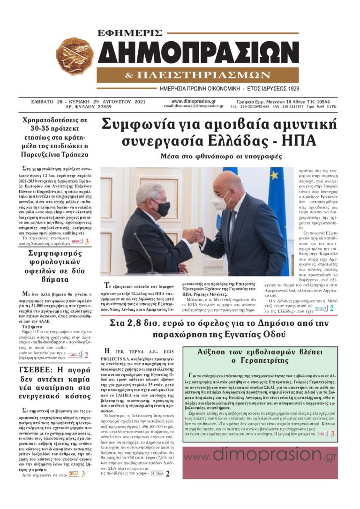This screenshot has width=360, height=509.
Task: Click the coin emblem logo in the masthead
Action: (x=75, y=57)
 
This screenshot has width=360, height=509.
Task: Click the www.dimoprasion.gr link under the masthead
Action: (x=194, y=101)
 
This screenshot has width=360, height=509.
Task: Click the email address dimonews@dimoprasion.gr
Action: (x=194, y=106)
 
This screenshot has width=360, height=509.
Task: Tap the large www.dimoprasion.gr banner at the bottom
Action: (x=260, y=455)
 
